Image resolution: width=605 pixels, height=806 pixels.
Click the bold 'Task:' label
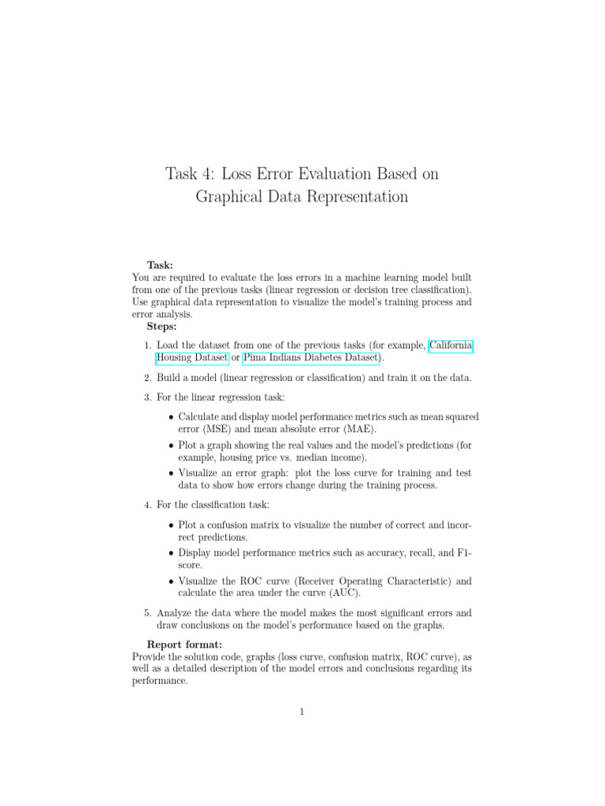pyautogui.click(x=161, y=266)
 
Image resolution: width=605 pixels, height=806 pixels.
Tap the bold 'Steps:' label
pyautogui.click(x=164, y=325)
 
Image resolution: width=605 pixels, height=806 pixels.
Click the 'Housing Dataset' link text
pyautogui.click(x=192, y=359)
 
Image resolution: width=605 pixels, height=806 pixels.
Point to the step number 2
pyautogui.click(x=148, y=379)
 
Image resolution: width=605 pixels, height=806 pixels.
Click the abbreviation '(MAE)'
pyautogui.click(x=358, y=429)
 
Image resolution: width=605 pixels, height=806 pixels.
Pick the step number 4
pyautogui.click(x=148, y=505)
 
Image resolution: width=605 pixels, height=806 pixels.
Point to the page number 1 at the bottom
pyautogui.click(x=302, y=713)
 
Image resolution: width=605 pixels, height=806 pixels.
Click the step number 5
pyautogui.click(x=148, y=612)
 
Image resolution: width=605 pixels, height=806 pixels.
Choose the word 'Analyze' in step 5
pyautogui.click(x=176, y=612)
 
